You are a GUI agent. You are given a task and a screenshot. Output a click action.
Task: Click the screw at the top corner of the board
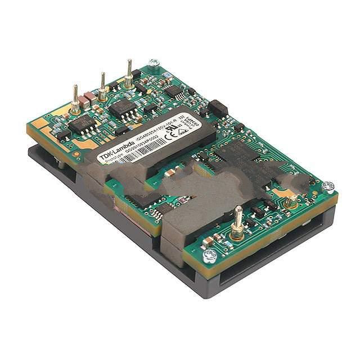pyautogui.click(x=154, y=63)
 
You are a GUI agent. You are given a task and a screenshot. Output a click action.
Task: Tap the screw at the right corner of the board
pyautogui.click(x=328, y=186)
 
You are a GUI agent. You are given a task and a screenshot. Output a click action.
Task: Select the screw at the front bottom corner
pyautogui.click(x=210, y=256)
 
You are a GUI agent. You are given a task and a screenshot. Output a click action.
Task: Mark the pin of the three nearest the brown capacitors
pyautogui.click(x=75, y=101)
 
